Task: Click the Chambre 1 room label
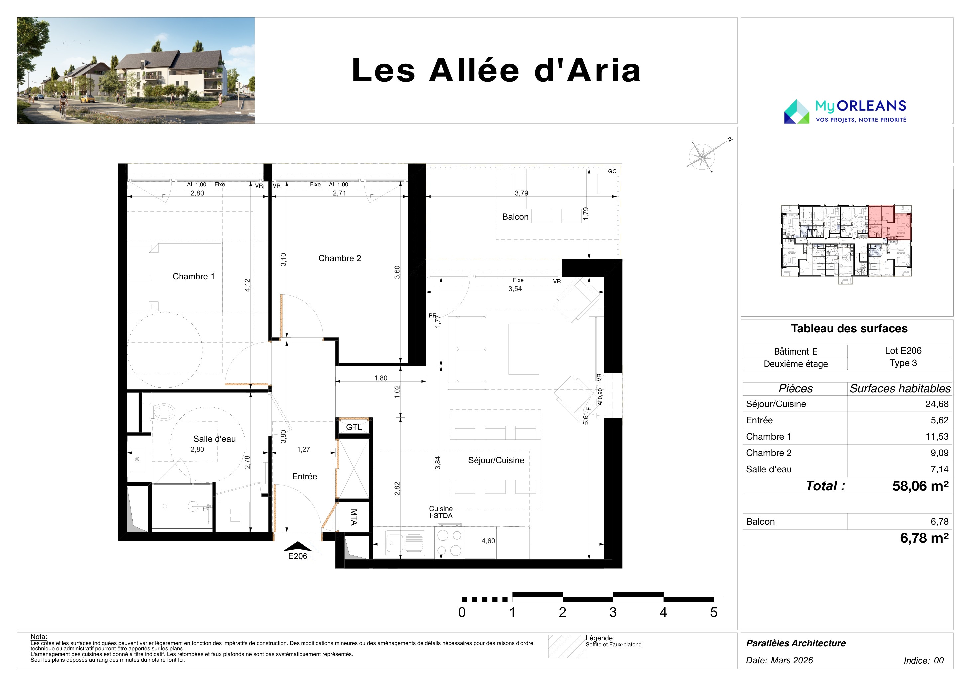point(193,277)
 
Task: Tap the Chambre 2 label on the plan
point(339,258)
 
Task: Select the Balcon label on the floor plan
point(515,217)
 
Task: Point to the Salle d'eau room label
point(215,439)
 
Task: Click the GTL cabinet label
point(354,427)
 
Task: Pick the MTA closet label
point(354,517)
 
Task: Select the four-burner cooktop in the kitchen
point(449,543)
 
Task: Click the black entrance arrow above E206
point(297,546)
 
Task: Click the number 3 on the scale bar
point(613,612)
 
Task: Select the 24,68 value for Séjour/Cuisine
point(937,404)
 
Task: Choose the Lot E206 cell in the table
point(903,351)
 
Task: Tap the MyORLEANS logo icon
point(797,111)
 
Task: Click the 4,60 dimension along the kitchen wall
point(488,541)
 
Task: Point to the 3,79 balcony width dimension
point(521,193)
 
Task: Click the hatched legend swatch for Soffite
point(567,647)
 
